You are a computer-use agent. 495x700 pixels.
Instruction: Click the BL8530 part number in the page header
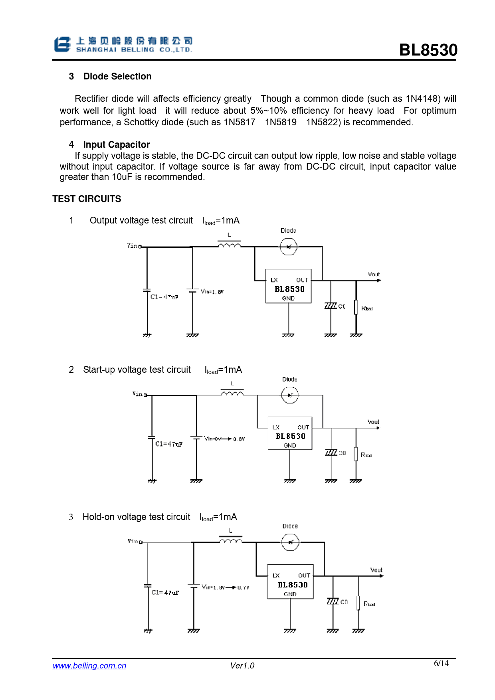(x=428, y=50)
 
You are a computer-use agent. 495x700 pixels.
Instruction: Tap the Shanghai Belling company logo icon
(x=62, y=45)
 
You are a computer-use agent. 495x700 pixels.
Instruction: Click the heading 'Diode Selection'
(x=117, y=76)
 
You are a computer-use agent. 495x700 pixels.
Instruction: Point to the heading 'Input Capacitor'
(x=116, y=144)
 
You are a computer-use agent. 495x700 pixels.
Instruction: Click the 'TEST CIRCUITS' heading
(x=87, y=199)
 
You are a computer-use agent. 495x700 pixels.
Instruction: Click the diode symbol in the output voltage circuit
(x=288, y=247)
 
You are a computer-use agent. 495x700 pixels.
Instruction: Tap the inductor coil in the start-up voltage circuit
(x=232, y=394)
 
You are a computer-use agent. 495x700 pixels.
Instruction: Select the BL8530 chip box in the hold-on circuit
(x=290, y=581)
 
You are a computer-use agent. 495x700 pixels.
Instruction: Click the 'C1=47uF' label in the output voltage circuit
(x=164, y=297)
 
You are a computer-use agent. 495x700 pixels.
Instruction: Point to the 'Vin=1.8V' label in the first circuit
(x=212, y=292)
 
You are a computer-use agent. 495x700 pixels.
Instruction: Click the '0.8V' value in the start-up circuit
(x=239, y=439)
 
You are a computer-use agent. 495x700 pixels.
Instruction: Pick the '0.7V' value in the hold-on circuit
(x=243, y=587)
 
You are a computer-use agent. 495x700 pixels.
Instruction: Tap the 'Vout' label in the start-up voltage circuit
(x=373, y=422)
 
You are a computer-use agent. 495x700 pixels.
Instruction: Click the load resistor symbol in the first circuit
(x=356, y=307)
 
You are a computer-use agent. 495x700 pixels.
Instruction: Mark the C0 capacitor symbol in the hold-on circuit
(x=333, y=601)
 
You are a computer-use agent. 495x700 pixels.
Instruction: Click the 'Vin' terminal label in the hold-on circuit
(x=133, y=541)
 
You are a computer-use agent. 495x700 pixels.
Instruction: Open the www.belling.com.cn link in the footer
(x=89, y=666)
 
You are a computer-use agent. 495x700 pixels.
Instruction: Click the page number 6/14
(x=441, y=663)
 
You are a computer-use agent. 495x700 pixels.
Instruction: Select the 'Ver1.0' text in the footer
(x=242, y=666)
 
